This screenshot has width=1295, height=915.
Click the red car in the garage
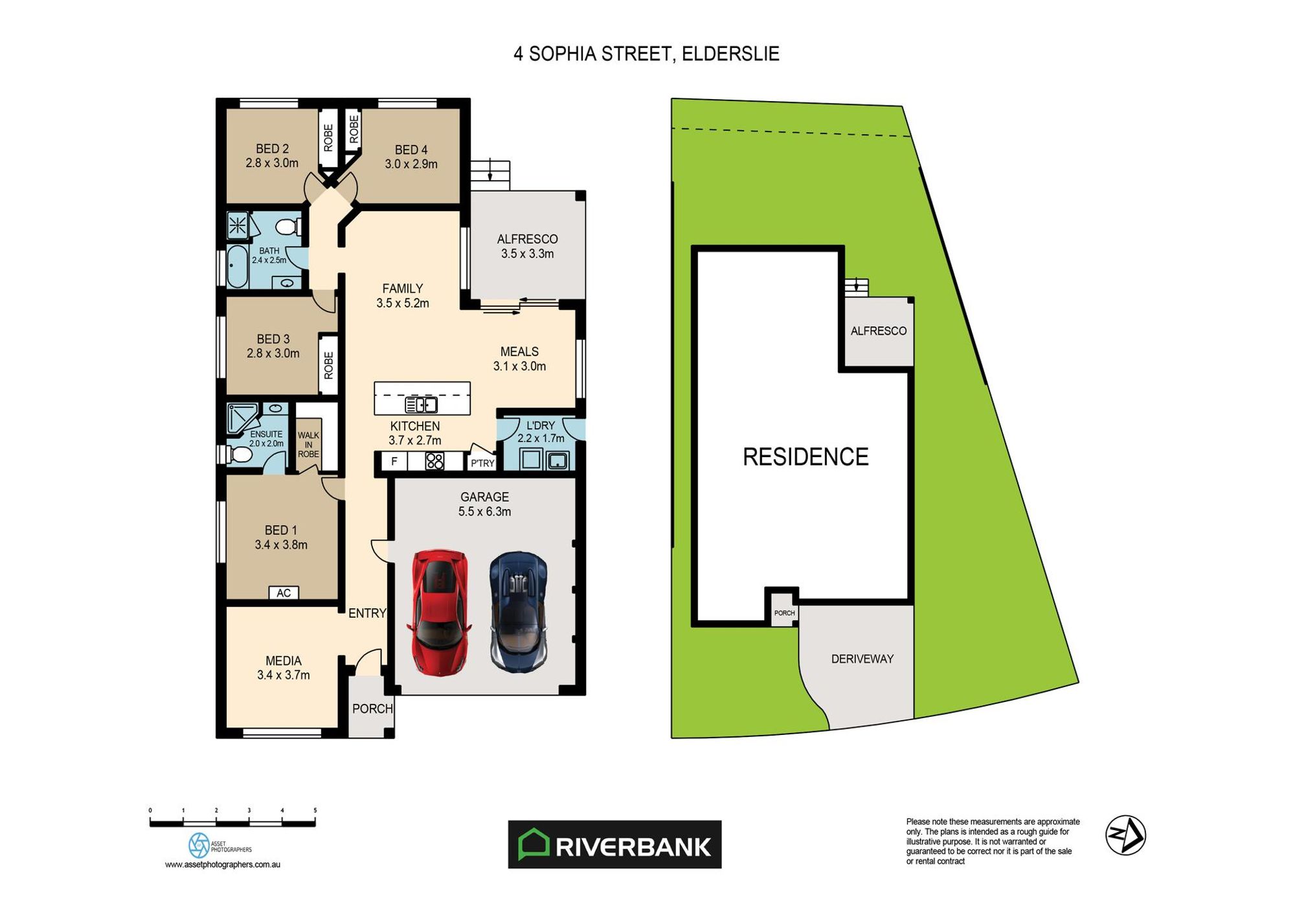click(439, 612)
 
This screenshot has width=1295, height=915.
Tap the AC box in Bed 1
click(284, 593)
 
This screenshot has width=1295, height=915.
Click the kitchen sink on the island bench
click(421, 405)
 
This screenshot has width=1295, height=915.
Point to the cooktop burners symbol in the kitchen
click(434, 462)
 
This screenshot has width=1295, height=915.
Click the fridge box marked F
click(394, 462)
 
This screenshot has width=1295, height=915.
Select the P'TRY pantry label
click(482, 463)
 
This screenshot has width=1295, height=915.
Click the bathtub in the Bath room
click(237, 266)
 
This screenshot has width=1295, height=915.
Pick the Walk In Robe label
click(308, 445)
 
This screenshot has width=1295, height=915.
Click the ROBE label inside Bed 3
click(328, 365)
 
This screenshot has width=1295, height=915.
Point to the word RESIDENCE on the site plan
click(805, 457)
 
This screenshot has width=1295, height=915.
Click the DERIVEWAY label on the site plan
click(862, 659)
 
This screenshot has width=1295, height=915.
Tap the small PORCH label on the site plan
click(784, 613)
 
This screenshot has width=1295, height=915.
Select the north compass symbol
click(1125, 835)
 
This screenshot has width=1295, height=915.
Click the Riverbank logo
click(614, 844)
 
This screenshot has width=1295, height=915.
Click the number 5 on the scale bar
click(315, 810)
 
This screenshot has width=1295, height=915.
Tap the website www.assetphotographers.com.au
click(222, 864)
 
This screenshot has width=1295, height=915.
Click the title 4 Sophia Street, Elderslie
click(646, 54)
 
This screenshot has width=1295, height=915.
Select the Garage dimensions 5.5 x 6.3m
click(484, 512)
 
